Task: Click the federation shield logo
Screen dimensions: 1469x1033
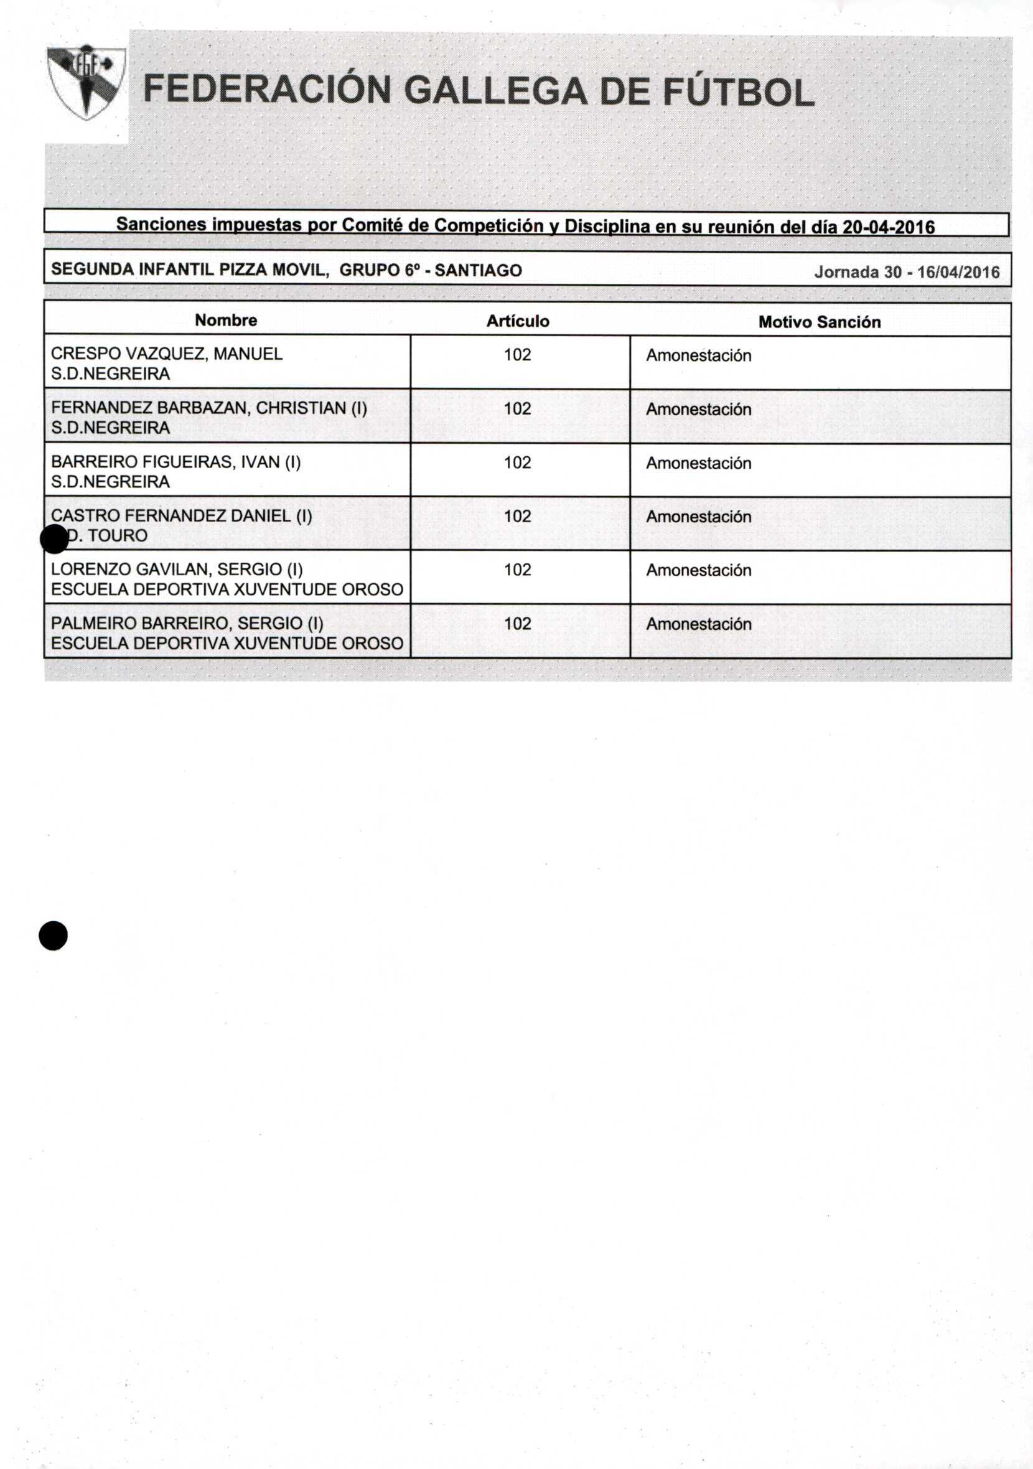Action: tap(86, 82)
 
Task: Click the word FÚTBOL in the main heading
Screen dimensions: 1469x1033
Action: tap(739, 91)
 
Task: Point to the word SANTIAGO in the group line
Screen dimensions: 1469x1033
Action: tap(478, 271)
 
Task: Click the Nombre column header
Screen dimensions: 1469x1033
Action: tap(226, 320)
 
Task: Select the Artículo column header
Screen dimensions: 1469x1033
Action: tap(518, 321)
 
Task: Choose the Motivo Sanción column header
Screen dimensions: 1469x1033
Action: tap(819, 322)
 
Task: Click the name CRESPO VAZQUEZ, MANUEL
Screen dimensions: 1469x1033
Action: tap(166, 354)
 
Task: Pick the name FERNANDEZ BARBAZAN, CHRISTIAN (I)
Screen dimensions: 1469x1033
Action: tap(208, 408)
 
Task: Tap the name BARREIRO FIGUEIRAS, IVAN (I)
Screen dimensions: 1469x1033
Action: tap(175, 461)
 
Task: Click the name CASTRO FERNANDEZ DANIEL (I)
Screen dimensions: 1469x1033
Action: tap(181, 515)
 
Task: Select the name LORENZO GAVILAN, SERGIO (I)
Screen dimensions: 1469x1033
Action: tap(177, 569)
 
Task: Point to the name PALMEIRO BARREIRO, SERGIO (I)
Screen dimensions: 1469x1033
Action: tap(187, 622)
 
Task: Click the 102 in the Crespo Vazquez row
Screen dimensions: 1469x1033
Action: tap(517, 354)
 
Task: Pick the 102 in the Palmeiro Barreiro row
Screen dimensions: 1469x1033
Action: tap(517, 623)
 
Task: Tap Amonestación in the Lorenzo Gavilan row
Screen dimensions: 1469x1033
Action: tap(698, 570)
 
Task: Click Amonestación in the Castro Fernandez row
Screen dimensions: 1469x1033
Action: tap(698, 516)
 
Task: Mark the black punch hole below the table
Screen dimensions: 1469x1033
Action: tap(53, 936)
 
